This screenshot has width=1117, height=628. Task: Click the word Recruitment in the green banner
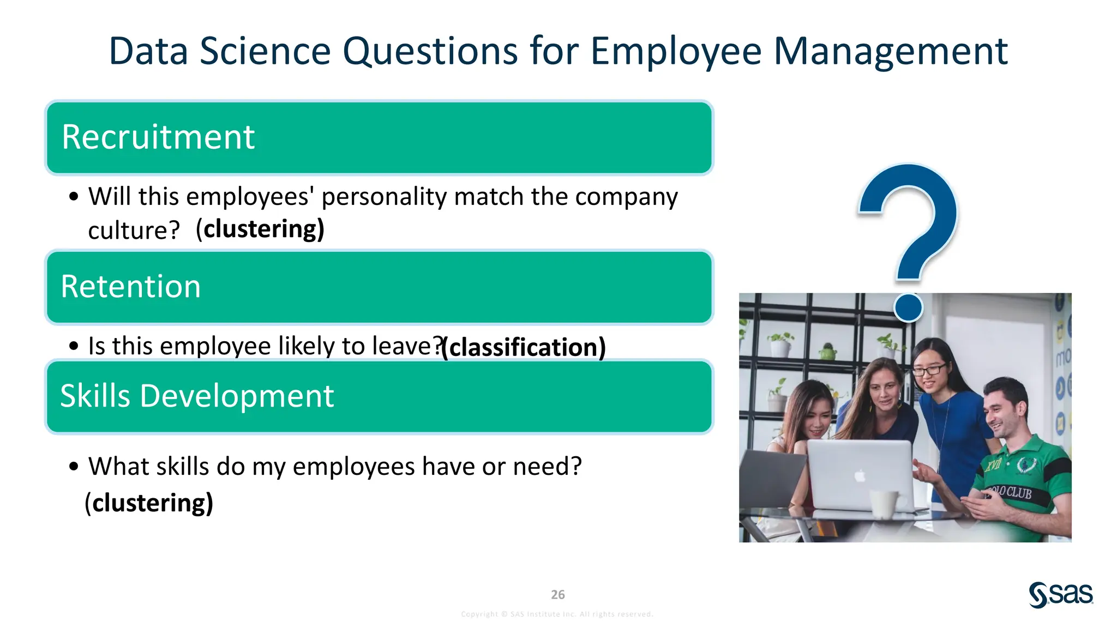point(158,137)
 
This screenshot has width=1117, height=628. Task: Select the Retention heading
point(131,287)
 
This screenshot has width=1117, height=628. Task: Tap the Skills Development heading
point(197,396)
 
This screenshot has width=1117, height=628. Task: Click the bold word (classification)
point(524,347)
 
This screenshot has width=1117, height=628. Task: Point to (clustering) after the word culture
point(260,229)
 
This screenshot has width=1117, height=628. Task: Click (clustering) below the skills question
point(149,503)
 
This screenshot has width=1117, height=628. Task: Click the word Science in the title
point(265,51)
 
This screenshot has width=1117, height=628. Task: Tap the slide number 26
point(557,595)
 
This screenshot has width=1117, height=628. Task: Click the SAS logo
point(1060,595)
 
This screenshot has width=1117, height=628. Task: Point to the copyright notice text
point(557,614)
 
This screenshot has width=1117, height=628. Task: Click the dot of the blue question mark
point(908,307)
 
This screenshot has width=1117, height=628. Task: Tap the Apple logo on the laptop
point(860,476)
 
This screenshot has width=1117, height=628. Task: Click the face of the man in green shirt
point(1004,414)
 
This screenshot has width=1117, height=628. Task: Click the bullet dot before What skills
point(74,467)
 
